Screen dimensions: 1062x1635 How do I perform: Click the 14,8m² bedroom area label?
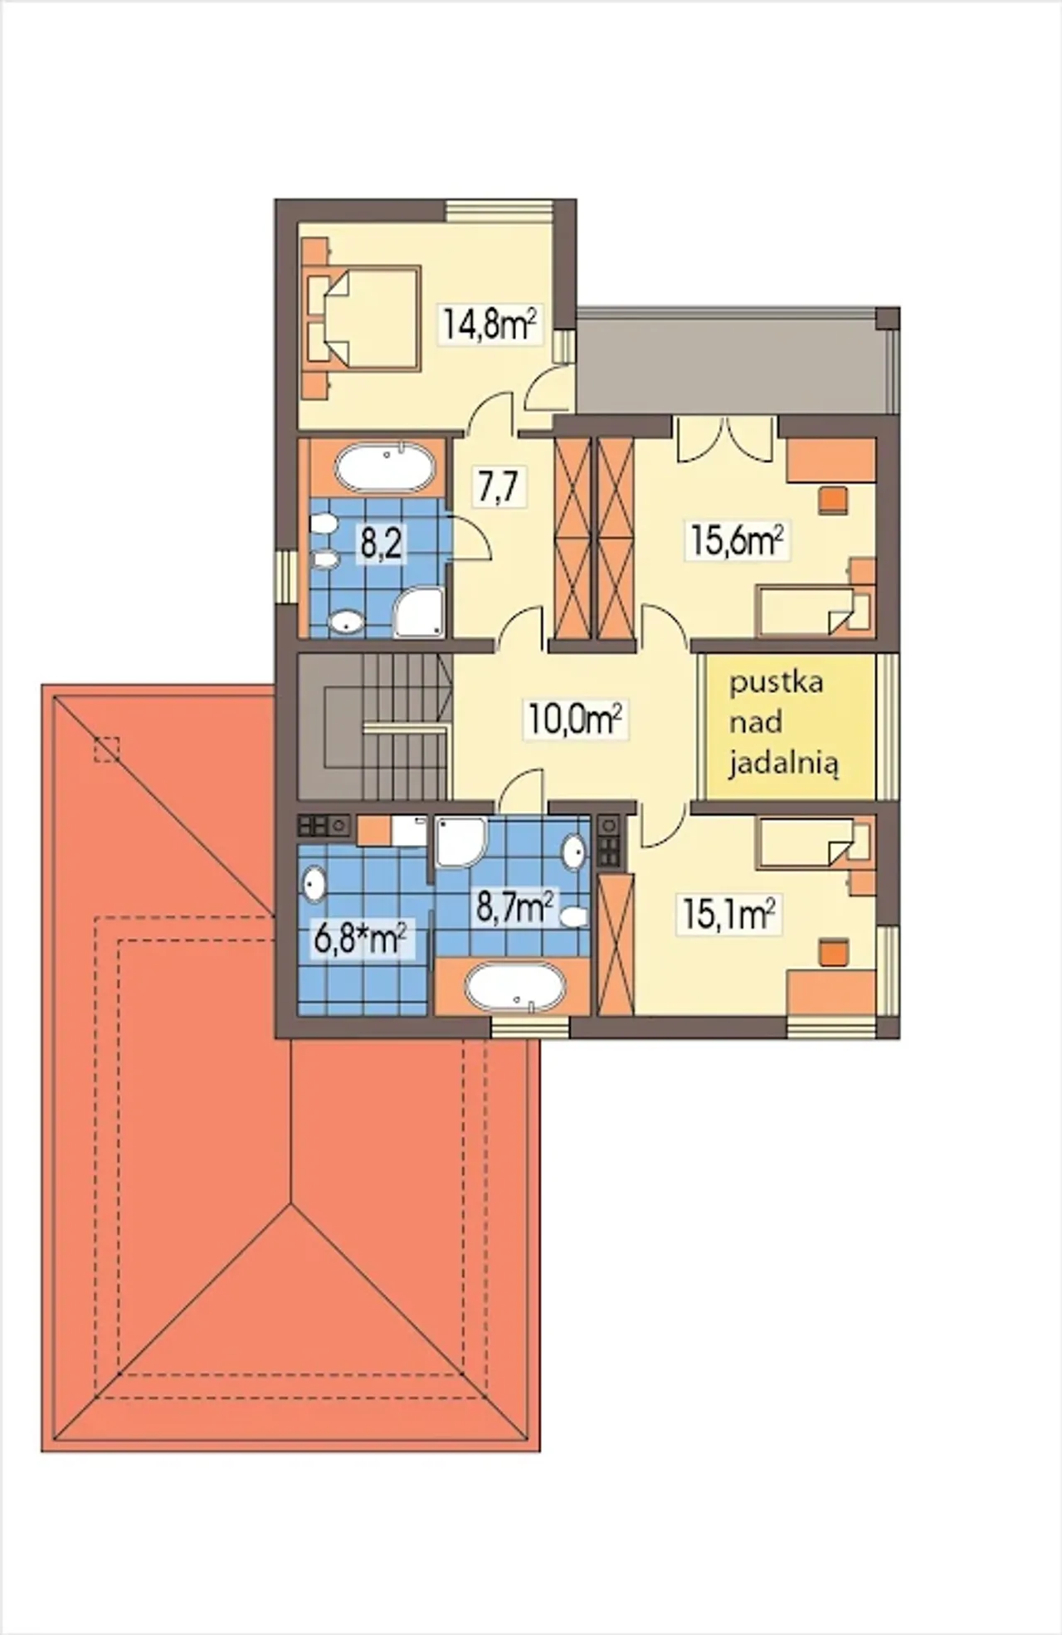pyautogui.click(x=490, y=323)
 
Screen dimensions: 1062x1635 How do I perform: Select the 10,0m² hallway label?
pyautogui.click(x=575, y=719)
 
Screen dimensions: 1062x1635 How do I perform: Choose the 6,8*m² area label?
pyautogui.click(x=360, y=940)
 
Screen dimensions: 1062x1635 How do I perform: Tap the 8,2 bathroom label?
pyautogui.click(x=381, y=544)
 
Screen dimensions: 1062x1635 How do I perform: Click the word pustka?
pyautogui.click(x=777, y=683)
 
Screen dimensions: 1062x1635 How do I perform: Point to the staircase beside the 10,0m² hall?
pyautogui.click(x=374, y=727)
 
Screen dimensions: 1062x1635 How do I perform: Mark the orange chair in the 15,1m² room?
pyautogui.click(x=833, y=952)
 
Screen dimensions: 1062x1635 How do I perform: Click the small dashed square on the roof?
pyautogui.click(x=106, y=749)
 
